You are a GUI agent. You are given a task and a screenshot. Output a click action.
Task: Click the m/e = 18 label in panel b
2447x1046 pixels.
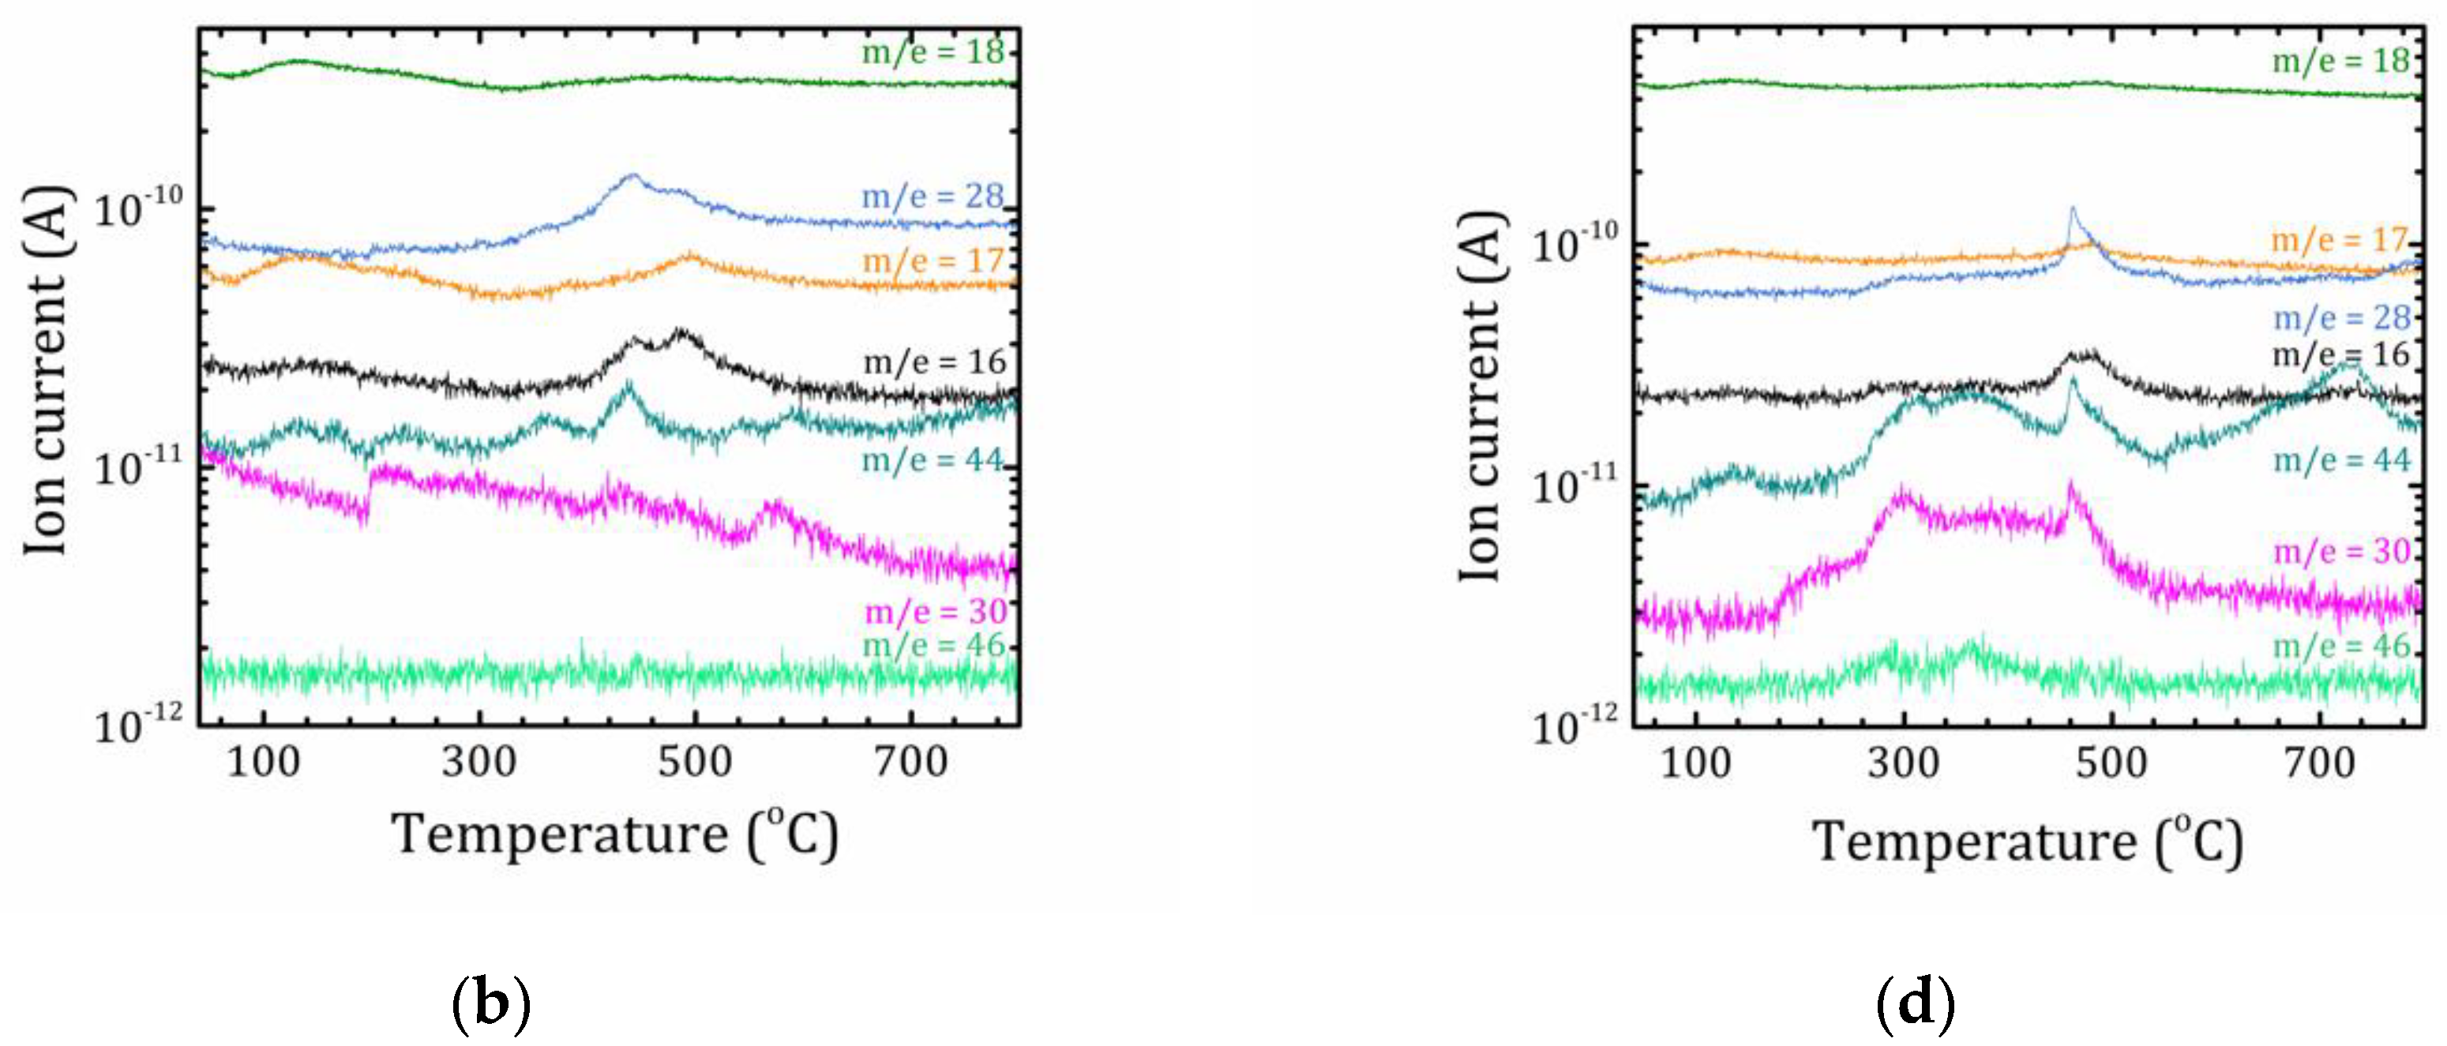(x=933, y=51)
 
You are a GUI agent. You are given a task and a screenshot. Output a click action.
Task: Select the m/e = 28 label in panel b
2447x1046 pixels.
(x=933, y=197)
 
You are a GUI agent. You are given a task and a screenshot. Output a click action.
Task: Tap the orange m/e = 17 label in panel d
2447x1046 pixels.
(x=2340, y=239)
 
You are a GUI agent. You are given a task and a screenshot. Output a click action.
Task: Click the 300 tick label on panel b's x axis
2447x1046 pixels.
(x=479, y=762)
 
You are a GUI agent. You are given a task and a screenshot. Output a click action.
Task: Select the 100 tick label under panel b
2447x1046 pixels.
(x=263, y=762)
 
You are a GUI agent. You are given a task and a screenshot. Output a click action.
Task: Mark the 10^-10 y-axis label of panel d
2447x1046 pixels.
(x=1574, y=244)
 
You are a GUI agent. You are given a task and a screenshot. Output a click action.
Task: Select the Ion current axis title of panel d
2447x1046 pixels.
(x=1480, y=397)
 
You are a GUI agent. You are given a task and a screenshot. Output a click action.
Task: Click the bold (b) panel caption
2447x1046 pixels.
(x=490, y=1004)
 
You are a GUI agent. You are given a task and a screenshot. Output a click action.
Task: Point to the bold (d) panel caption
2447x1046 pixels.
(x=1915, y=1004)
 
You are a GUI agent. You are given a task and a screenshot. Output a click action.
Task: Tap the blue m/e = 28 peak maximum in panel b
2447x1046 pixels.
(x=632, y=176)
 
